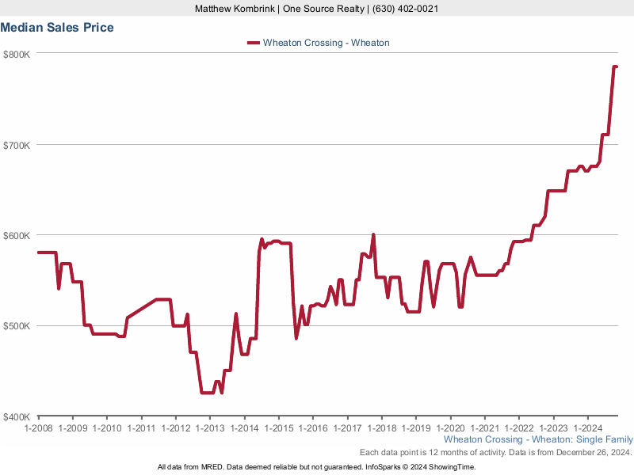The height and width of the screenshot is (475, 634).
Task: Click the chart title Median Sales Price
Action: point(57,28)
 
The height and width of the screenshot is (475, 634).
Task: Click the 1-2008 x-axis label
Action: point(38,427)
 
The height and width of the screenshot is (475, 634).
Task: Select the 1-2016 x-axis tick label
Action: point(312,427)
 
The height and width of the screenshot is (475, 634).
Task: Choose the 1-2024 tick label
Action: point(586,427)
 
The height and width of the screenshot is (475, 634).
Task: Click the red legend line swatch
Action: point(254,43)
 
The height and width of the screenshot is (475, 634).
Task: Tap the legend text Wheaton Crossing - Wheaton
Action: point(326,43)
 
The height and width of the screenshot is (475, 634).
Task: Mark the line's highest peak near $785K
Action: point(615,67)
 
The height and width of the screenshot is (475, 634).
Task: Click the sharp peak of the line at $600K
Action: point(373,234)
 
